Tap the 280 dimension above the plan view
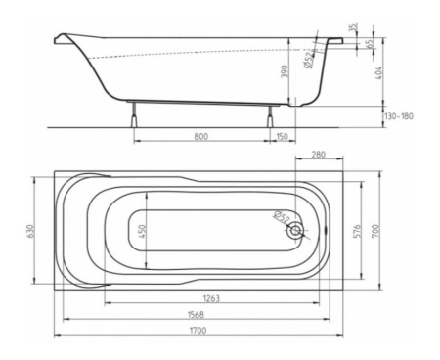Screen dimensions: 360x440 click(318, 156)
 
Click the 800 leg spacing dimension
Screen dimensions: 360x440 click(200, 136)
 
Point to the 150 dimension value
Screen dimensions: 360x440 click(283, 136)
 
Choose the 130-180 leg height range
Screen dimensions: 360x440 click(400, 116)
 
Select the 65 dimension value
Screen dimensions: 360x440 click(369, 44)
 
